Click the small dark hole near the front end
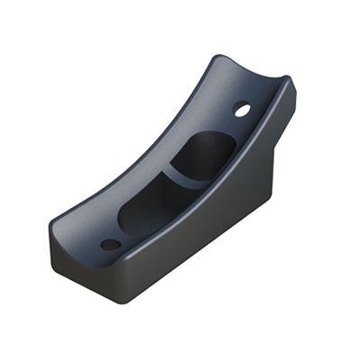(x=109, y=244)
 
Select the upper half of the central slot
(x=204, y=152)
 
